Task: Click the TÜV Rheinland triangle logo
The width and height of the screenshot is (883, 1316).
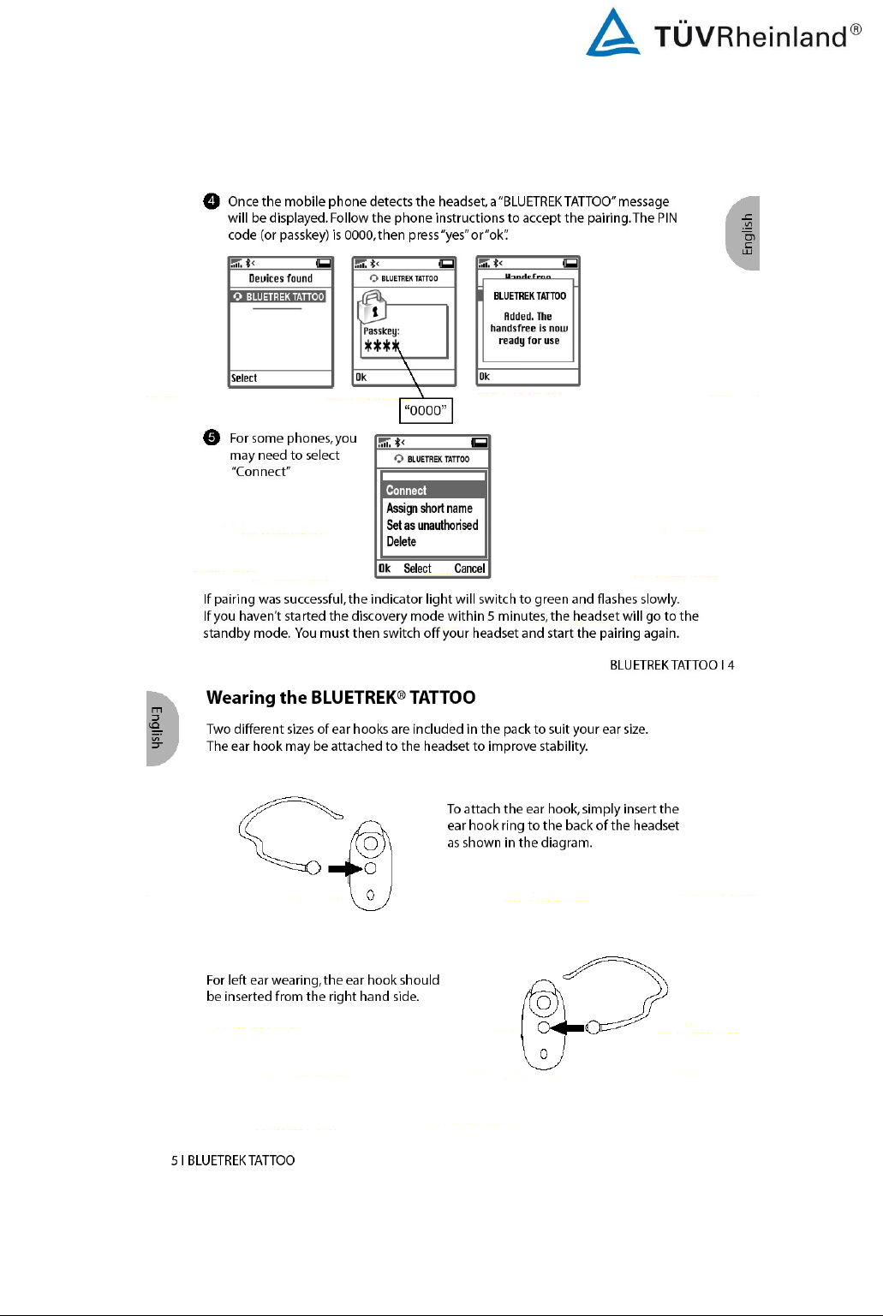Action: pyautogui.click(x=612, y=33)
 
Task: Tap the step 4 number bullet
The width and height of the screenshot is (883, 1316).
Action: pyautogui.click(x=212, y=201)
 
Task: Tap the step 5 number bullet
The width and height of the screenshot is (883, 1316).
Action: pyautogui.click(x=212, y=438)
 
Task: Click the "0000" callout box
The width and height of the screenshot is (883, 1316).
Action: pyautogui.click(x=426, y=410)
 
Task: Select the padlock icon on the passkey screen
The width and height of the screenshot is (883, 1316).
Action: pyautogui.click(x=373, y=306)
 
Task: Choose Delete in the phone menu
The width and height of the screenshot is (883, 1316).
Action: pyautogui.click(x=401, y=542)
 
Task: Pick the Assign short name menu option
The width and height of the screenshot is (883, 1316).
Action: pyautogui.click(x=429, y=509)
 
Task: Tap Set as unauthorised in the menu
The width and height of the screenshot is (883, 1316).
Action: pyautogui.click(x=432, y=526)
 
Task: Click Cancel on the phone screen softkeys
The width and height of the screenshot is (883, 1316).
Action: pyautogui.click(x=469, y=569)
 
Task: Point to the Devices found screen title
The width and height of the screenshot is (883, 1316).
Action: pyautogui.click(x=280, y=278)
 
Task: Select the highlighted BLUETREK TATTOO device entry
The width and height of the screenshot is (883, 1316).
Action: pyautogui.click(x=279, y=297)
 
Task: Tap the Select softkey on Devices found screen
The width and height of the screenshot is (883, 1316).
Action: pyautogui.click(x=244, y=378)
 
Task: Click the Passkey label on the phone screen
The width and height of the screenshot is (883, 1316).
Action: pyautogui.click(x=381, y=330)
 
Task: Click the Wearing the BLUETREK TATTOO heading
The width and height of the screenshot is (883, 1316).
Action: pyautogui.click(x=340, y=698)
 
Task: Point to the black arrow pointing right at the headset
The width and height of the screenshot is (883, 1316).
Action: pyautogui.click(x=345, y=868)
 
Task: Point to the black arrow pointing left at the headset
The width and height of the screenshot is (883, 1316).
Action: pyautogui.click(x=567, y=1027)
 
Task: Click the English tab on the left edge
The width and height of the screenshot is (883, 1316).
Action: pyautogui.click(x=159, y=728)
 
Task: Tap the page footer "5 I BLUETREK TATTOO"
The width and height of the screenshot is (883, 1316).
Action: pyautogui.click(x=233, y=1160)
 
